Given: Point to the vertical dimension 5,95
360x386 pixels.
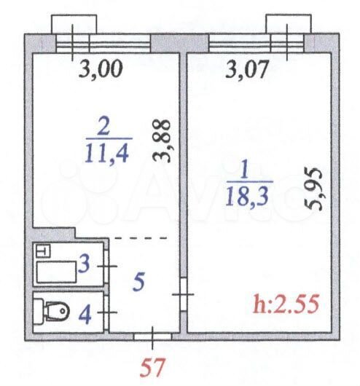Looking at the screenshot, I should [315, 188].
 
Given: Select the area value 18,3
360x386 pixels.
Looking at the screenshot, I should [250, 196].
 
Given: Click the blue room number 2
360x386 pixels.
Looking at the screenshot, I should [109, 125].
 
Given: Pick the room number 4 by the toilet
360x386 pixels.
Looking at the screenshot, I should [85, 315].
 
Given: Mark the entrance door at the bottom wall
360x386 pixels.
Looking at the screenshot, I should [153, 336].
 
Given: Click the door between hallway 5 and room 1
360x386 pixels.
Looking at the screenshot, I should [184, 296].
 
